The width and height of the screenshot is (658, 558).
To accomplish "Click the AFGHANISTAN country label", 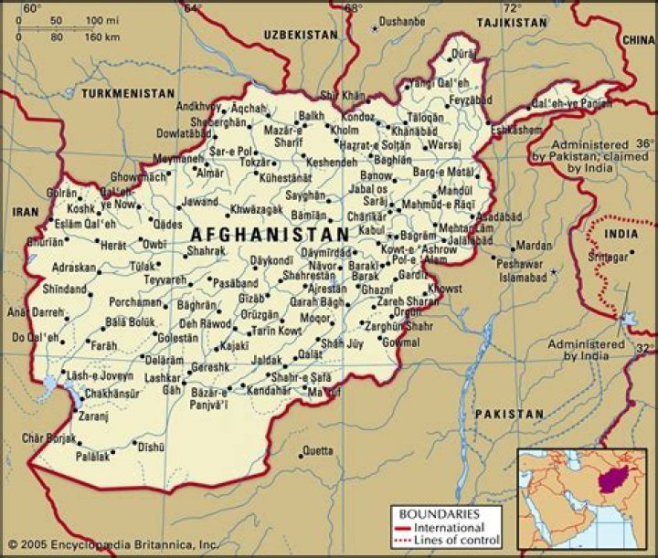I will point(271,234).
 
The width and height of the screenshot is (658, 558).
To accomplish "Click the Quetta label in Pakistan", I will point(317,450).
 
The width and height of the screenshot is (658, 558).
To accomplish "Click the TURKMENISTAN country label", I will point(127,94).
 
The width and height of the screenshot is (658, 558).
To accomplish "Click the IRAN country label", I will point(25,211).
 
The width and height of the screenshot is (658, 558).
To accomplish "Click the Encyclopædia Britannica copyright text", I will point(111,545).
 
